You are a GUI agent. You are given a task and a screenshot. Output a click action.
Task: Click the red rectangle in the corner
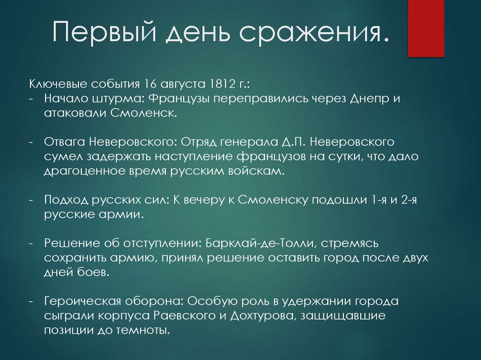(426, 28)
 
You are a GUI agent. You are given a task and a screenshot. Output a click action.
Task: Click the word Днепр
(381, 100)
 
